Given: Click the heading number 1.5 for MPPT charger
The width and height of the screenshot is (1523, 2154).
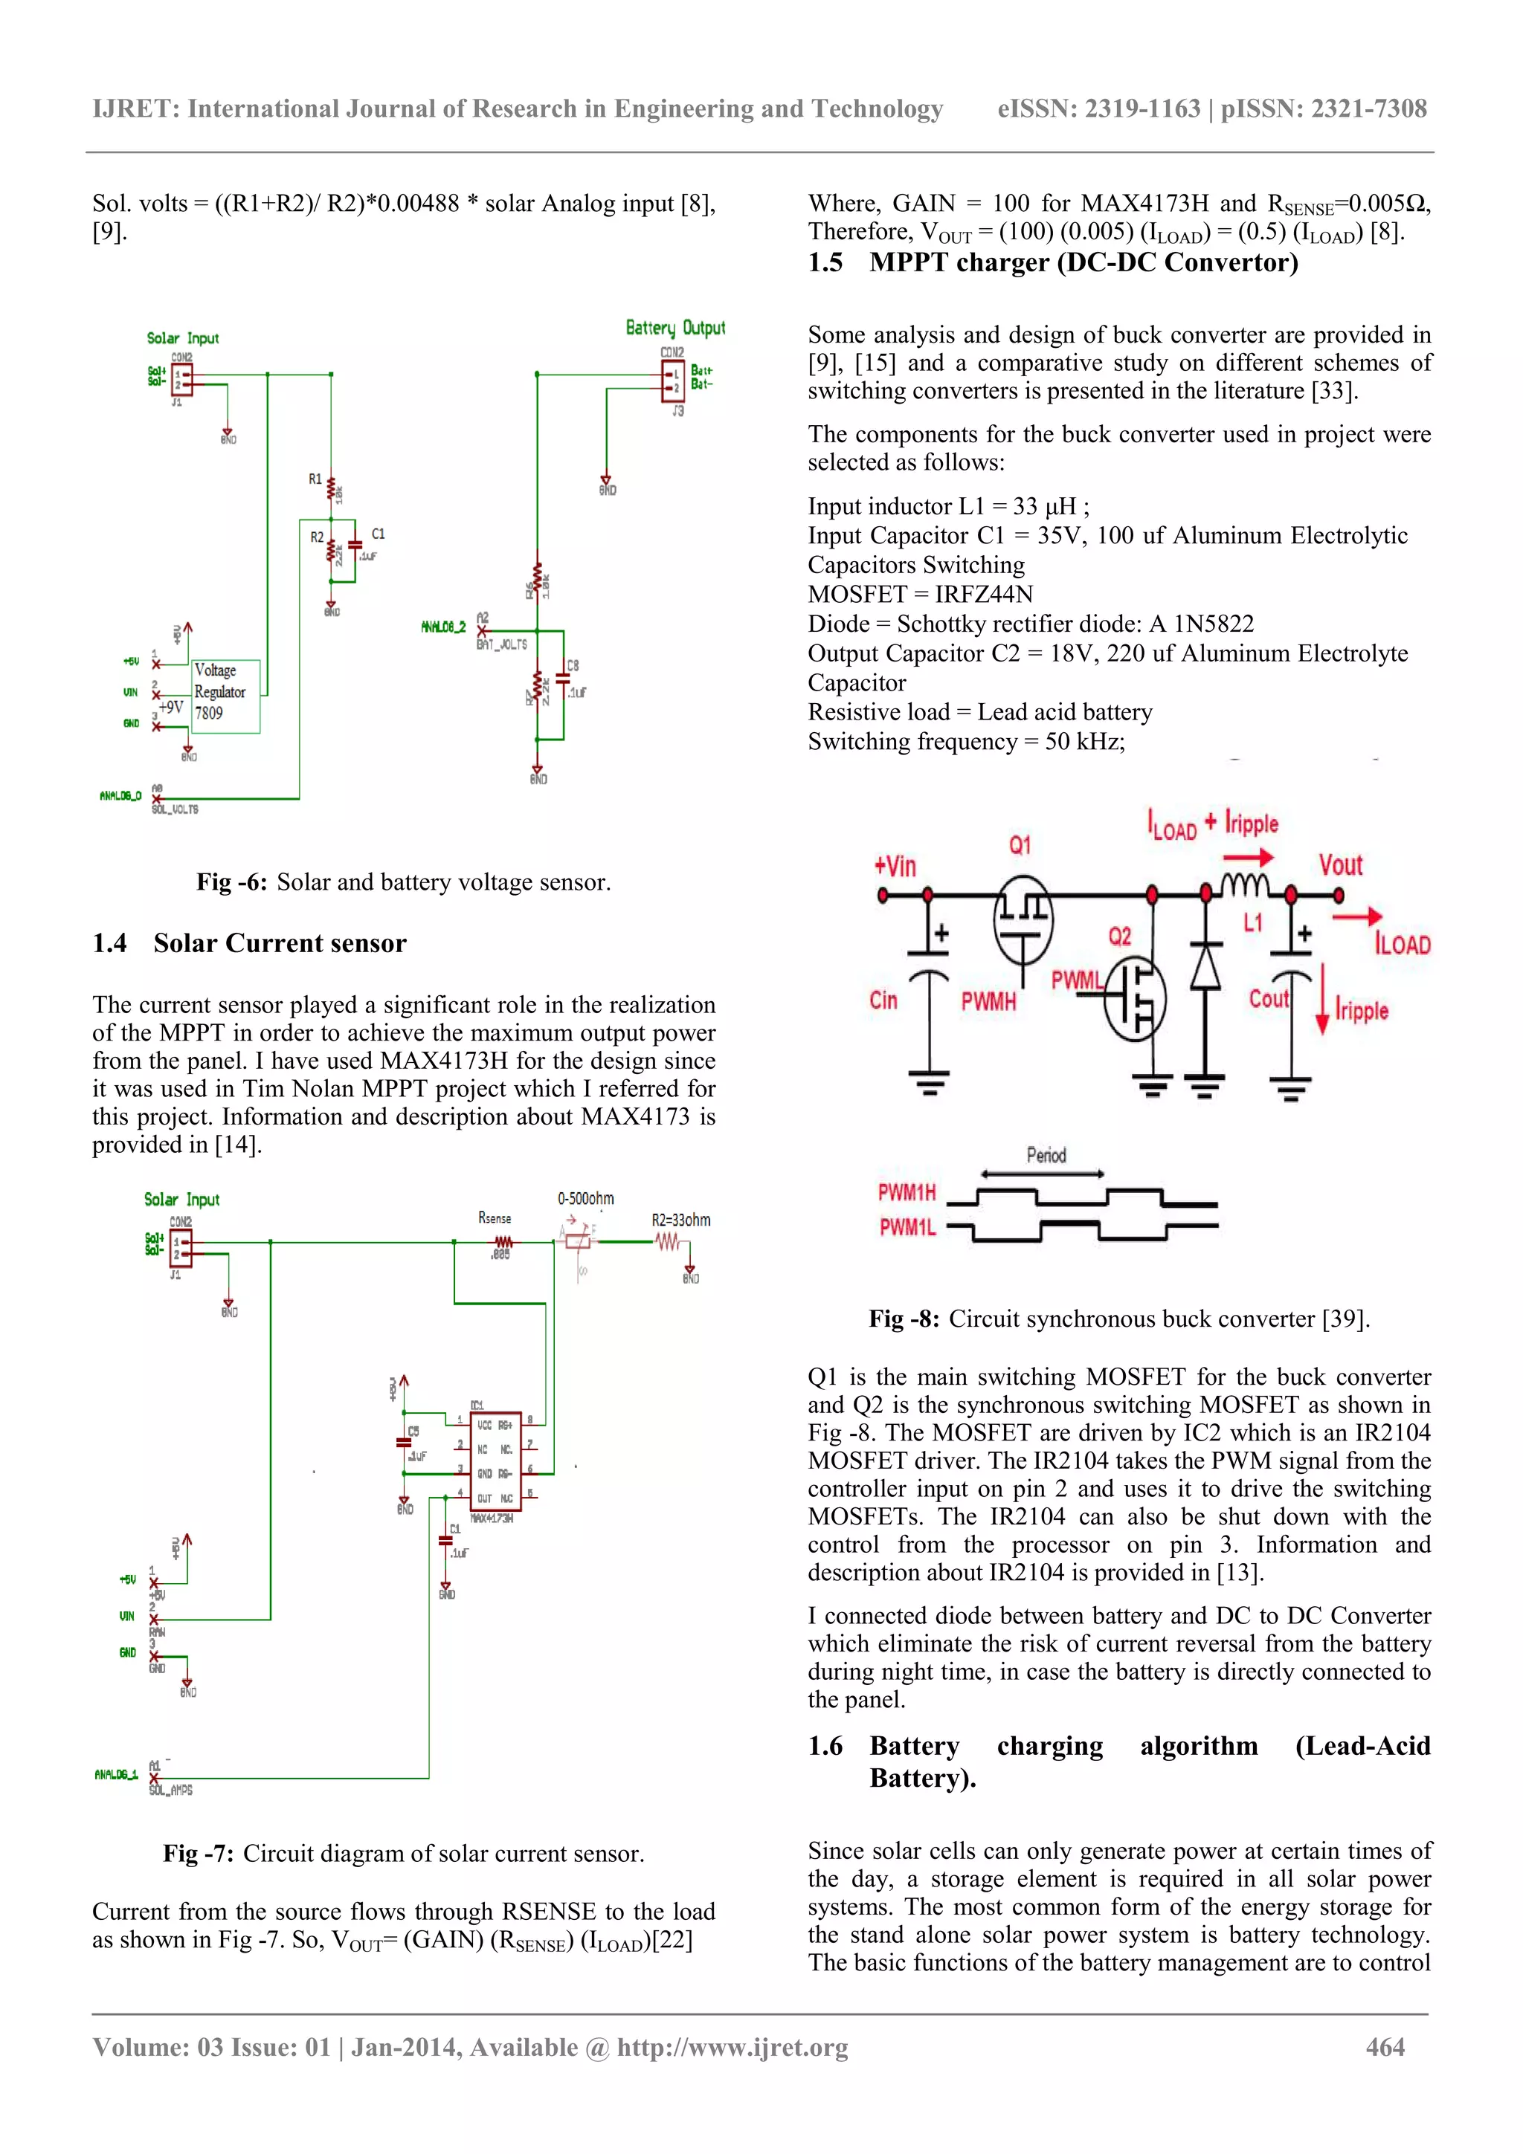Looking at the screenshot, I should click(825, 262).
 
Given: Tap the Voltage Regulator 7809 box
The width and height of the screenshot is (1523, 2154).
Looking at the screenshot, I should click(225, 695).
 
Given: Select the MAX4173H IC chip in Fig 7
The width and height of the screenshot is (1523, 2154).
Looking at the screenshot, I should click(495, 1461).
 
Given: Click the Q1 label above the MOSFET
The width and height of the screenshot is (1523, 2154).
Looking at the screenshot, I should click(1020, 844).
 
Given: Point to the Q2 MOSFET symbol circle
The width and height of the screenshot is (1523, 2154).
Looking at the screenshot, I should click(1136, 998).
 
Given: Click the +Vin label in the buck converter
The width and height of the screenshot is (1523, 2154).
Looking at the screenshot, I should click(895, 865).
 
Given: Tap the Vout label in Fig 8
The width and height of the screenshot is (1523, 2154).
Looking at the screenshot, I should click(1340, 865).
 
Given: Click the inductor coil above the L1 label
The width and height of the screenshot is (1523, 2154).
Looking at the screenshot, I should click(1244, 884).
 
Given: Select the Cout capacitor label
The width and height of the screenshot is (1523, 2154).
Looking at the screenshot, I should click(1268, 999).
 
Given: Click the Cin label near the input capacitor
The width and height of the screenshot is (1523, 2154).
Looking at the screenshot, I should click(883, 1000).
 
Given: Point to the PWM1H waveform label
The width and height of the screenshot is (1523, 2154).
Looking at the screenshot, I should click(907, 1192).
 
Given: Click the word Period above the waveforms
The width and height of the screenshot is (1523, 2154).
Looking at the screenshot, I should click(1046, 1155).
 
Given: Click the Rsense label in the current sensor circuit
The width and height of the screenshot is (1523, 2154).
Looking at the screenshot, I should click(495, 1217).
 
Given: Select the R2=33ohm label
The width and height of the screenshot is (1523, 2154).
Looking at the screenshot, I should click(680, 1220).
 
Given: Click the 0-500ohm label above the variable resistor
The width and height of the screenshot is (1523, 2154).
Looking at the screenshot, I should click(585, 1198).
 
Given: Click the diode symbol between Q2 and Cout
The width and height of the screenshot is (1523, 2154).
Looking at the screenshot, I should click(1205, 966).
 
